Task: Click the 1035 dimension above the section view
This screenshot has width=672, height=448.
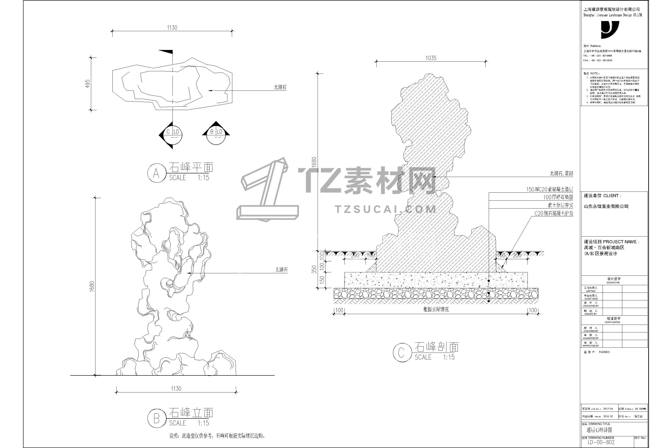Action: [431, 58]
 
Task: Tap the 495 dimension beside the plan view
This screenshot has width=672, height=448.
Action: [88, 83]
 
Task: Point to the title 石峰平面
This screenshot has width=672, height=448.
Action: [191, 167]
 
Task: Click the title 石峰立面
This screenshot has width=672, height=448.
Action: [191, 413]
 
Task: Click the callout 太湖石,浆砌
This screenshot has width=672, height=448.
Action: [561, 173]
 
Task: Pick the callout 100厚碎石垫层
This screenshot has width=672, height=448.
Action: [558, 197]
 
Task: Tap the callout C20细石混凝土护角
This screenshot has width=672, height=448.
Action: [554, 213]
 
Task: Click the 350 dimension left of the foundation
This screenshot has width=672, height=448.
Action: [314, 269]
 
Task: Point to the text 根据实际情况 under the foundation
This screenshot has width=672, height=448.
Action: [436, 309]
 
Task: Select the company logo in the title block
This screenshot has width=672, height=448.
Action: [610, 30]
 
